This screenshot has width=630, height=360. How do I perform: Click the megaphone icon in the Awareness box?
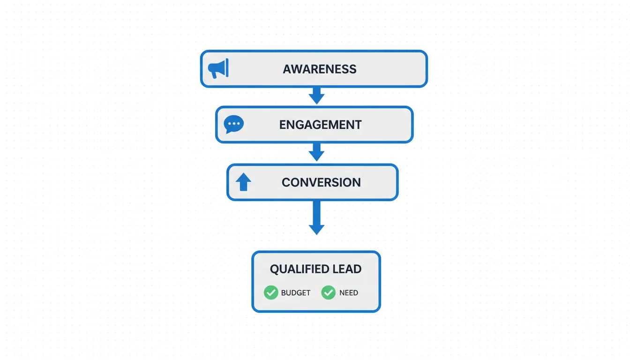(x=218, y=68)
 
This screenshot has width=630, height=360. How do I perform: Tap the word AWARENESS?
(x=320, y=69)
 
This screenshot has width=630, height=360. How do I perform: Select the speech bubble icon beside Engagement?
(x=233, y=124)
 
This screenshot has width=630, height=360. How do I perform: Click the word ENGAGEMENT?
(x=320, y=125)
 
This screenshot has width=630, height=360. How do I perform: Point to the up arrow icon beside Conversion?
(x=243, y=182)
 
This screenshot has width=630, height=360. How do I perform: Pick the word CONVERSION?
(x=321, y=182)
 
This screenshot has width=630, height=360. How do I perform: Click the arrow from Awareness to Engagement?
(x=316, y=95)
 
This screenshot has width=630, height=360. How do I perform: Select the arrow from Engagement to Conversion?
(x=316, y=152)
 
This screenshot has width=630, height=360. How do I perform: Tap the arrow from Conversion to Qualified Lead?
(x=316, y=217)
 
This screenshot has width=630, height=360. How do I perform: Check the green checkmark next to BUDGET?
(x=271, y=292)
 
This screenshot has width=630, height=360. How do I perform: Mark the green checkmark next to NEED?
(x=328, y=292)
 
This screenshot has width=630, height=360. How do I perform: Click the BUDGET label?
(x=296, y=293)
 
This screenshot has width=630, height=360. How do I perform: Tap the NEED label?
(x=349, y=293)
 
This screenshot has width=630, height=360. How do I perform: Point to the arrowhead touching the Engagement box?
(x=316, y=99)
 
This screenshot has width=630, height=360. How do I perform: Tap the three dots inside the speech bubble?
(x=233, y=123)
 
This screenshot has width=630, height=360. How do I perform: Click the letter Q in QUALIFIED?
(x=275, y=270)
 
